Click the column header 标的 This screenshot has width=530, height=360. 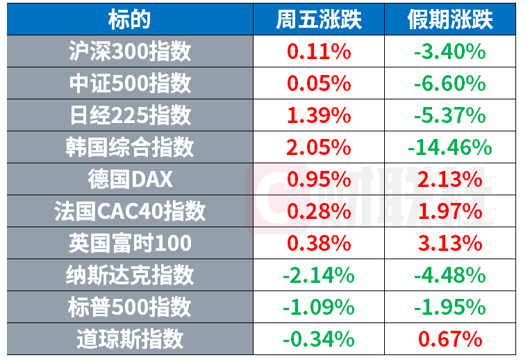tap(129, 19)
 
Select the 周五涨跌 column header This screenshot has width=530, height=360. tap(319, 19)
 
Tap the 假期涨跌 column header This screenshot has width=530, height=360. tap(450, 19)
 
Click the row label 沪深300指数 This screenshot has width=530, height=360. tap(130, 51)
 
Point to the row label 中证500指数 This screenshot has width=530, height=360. tap(130, 83)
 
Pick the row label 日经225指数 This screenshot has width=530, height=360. tap(130, 115)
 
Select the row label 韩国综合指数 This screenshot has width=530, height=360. tap(130, 147)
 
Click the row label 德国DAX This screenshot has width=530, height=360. tap(130, 179)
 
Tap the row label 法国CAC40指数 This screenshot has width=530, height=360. tap(130, 211)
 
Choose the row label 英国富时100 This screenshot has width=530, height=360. tap(130, 243)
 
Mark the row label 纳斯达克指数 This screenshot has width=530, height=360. tap(130, 275)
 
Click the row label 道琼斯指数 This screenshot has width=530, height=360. tap(130, 339)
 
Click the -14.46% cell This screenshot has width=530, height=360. tap(450, 147)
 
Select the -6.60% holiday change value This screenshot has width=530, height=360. tap(450, 83)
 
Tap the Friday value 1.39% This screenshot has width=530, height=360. tap(319, 115)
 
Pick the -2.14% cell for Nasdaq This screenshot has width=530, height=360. tap(319, 275)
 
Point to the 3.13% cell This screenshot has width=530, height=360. tap(450, 243)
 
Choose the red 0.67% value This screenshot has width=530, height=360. tap(450, 339)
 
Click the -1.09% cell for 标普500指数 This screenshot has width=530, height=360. tap(319, 307)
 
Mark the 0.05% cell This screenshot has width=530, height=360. tap(319, 83)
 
